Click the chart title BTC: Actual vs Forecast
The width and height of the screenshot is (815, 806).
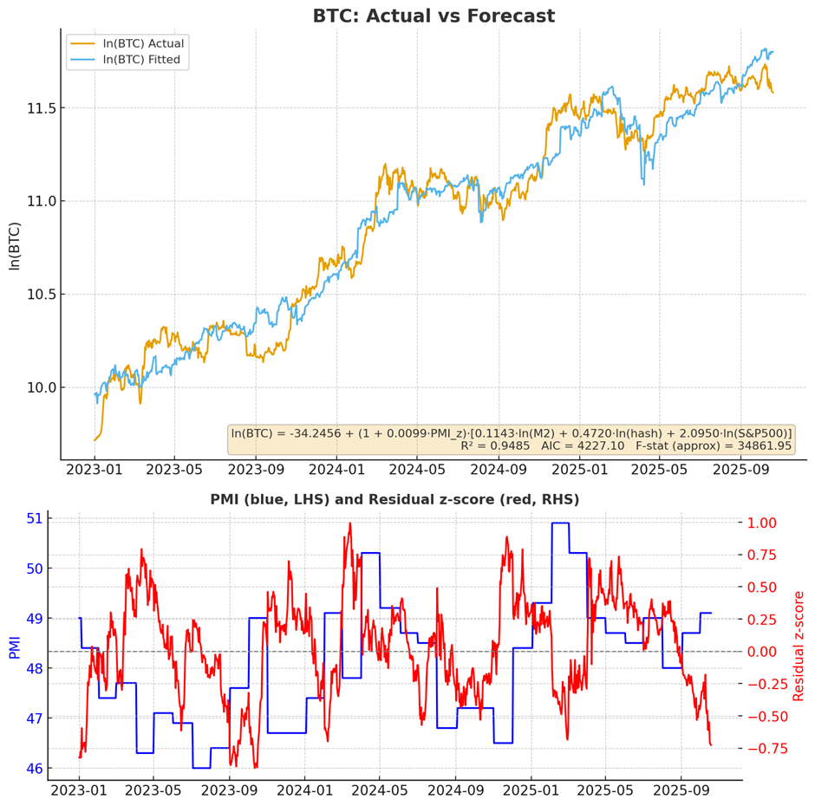click(x=434, y=16)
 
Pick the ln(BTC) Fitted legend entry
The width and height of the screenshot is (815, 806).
click(x=142, y=60)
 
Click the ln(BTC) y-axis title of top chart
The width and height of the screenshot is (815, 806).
click(x=14, y=246)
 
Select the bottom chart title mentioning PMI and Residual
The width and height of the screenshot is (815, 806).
click(x=394, y=499)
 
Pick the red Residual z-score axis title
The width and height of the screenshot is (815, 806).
click(x=799, y=646)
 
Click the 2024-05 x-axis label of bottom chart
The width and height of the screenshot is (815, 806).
click(x=380, y=790)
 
